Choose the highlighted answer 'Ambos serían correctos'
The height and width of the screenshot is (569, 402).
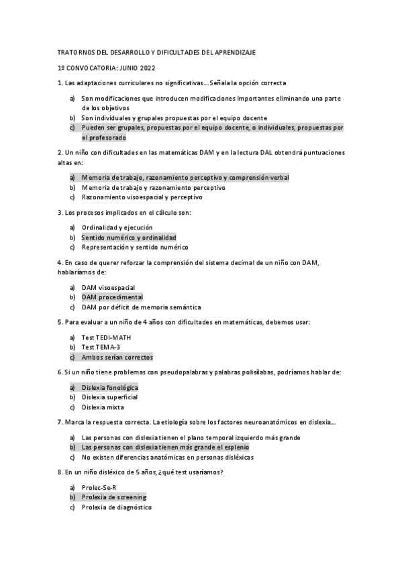(117, 357)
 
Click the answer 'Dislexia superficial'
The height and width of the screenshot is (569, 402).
(110, 397)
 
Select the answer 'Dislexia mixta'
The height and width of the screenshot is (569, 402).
(103, 407)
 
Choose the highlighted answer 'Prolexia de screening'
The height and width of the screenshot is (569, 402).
(113, 498)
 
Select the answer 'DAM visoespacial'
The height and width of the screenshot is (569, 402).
(107, 287)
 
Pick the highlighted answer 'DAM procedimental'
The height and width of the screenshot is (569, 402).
(112, 297)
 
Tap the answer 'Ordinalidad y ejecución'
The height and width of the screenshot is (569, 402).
(117, 227)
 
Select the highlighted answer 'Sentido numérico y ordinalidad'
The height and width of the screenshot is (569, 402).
(129, 238)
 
